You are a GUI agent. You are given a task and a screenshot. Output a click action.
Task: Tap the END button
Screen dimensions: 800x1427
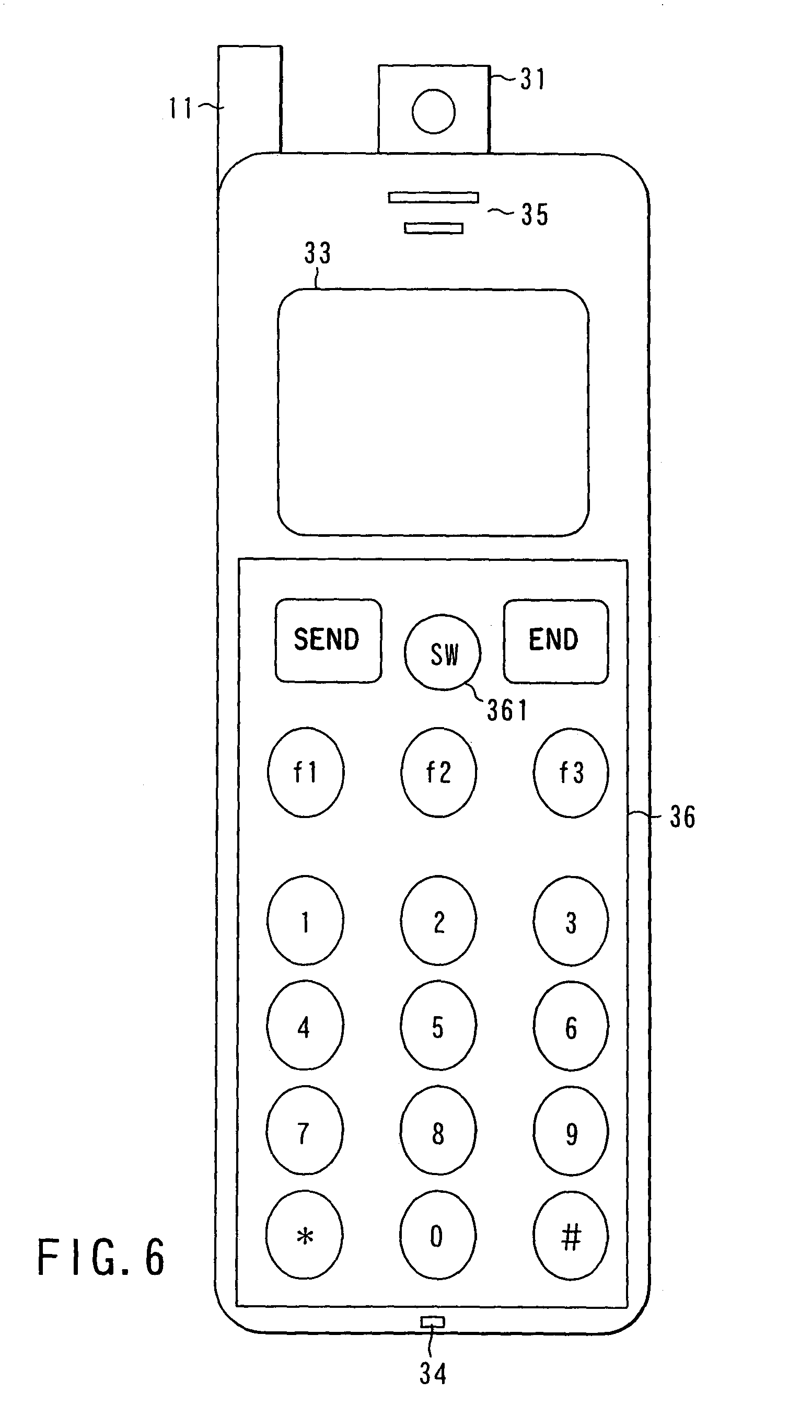pyautogui.click(x=556, y=641)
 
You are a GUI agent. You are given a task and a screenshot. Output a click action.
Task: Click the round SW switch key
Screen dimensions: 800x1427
pyautogui.click(x=443, y=652)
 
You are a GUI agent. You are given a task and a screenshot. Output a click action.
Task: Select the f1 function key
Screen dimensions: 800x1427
pyautogui.click(x=306, y=772)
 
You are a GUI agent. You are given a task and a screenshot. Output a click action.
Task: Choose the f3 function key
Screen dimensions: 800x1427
pyautogui.click(x=571, y=772)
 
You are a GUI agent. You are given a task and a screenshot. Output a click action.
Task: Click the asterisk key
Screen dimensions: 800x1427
pyautogui.click(x=305, y=1236)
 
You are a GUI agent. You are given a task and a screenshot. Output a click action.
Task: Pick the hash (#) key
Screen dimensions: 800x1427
pyautogui.click(x=571, y=1236)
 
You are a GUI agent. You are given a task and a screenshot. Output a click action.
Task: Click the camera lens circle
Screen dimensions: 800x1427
pyautogui.click(x=434, y=111)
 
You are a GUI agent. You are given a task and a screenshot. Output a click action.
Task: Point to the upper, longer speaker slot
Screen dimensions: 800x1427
pyautogui.click(x=434, y=197)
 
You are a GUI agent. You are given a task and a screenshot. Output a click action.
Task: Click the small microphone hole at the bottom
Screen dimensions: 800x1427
pyautogui.click(x=432, y=1322)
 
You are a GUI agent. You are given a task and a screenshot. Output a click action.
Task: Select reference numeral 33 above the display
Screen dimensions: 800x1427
pyautogui.click(x=317, y=253)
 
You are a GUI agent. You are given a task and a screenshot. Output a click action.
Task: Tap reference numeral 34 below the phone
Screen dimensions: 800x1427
pyautogui.click(x=432, y=1373)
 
